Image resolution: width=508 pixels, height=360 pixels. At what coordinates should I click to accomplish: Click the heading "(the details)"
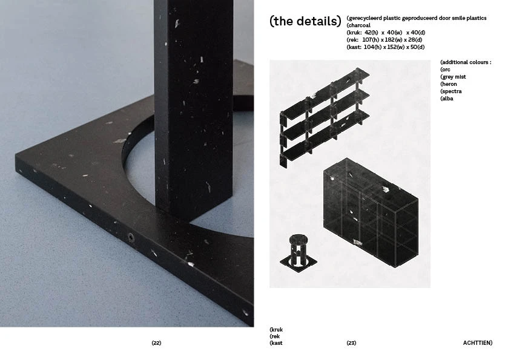(x=305, y=22)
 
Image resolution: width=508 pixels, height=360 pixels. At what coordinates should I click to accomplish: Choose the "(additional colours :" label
(x=466, y=62)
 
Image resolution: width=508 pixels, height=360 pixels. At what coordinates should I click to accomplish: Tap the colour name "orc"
(x=446, y=70)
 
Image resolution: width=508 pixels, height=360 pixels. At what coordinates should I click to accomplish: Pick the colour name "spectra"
(x=451, y=91)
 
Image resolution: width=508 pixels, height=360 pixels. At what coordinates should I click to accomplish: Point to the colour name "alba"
(x=447, y=99)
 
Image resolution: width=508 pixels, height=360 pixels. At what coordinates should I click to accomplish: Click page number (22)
(x=156, y=343)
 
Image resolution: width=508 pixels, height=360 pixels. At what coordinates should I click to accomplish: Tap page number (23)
(x=351, y=343)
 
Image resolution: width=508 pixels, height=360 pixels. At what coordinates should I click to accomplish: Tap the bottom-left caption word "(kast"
(x=276, y=343)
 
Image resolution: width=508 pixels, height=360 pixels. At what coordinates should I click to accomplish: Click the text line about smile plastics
(x=417, y=18)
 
